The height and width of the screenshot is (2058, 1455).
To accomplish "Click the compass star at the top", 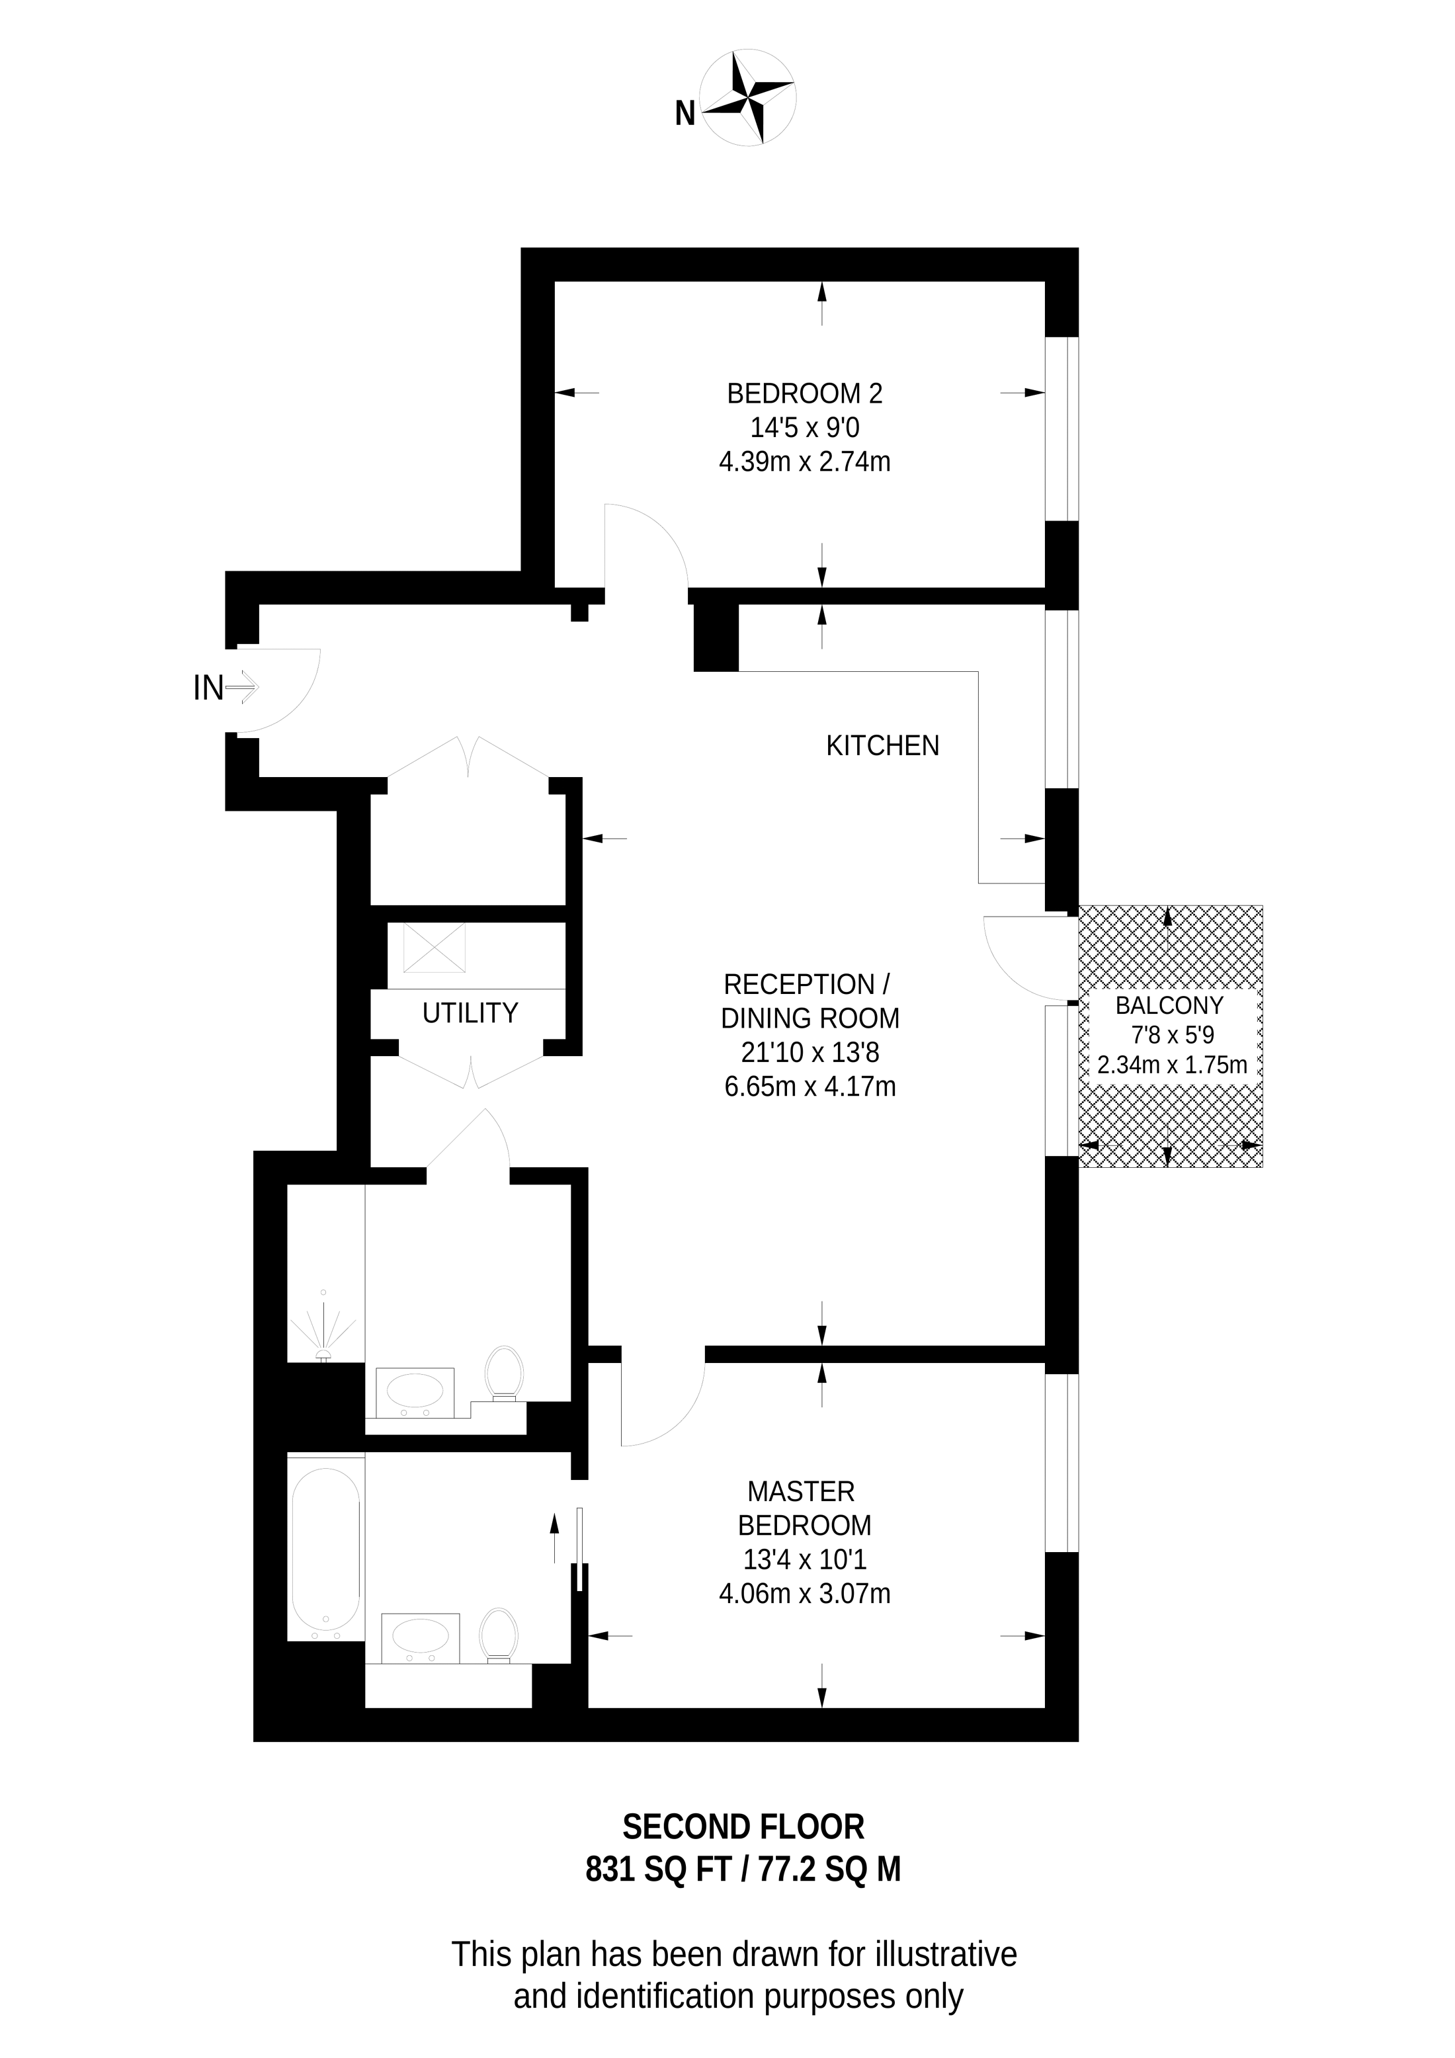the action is click(x=747, y=99).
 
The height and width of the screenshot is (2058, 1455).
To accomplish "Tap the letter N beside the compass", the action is click(x=685, y=114).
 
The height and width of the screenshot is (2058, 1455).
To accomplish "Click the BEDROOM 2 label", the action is click(x=804, y=393).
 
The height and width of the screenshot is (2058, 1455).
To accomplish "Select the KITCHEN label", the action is click(x=882, y=746).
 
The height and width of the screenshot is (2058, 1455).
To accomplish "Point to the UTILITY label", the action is click(x=470, y=1013).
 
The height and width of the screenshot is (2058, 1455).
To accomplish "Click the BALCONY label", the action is click(x=1169, y=1006).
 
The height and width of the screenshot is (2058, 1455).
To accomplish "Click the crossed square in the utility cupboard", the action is click(x=434, y=948).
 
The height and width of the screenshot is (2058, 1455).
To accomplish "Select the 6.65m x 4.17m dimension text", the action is click(x=810, y=1087).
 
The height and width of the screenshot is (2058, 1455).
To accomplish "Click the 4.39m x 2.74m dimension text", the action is click(x=804, y=462).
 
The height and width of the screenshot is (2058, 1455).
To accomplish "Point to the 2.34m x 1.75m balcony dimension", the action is click(x=1172, y=1065).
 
